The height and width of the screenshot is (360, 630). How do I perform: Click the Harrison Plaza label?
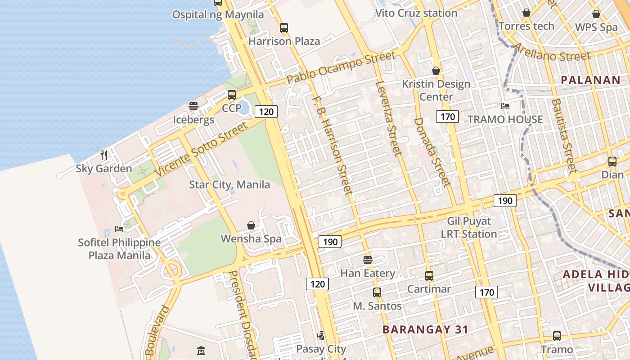[x=284, y=41]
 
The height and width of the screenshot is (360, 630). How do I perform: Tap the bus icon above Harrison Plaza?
[x=284, y=28]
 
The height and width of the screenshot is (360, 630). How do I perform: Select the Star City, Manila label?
[x=229, y=184]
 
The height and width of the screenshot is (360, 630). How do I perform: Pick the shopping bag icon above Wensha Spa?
[x=251, y=225]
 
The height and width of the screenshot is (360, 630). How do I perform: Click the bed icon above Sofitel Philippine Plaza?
[x=119, y=229]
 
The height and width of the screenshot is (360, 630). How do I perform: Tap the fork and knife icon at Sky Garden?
[x=104, y=155]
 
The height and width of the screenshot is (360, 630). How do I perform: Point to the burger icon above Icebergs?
[x=193, y=106]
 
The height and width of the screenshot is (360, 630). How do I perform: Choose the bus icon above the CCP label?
[x=232, y=95]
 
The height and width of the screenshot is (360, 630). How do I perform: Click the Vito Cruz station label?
[x=416, y=13]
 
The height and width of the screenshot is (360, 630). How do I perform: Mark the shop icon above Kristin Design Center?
[x=436, y=71]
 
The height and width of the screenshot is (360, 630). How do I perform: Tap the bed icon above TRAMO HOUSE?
[x=505, y=106]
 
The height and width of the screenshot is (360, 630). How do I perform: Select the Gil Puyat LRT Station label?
[x=469, y=228]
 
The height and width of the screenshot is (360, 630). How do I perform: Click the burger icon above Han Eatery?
[x=368, y=260]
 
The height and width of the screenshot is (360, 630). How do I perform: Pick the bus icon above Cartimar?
[x=429, y=276]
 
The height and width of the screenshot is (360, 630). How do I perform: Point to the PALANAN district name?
[x=590, y=80]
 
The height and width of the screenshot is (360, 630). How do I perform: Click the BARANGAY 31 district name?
[x=425, y=329]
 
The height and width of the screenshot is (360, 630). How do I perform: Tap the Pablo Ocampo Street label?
[x=341, y=67]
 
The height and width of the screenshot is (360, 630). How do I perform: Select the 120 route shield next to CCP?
[x=266, y=112]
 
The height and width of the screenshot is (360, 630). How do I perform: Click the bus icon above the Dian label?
[x=612, y=162]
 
